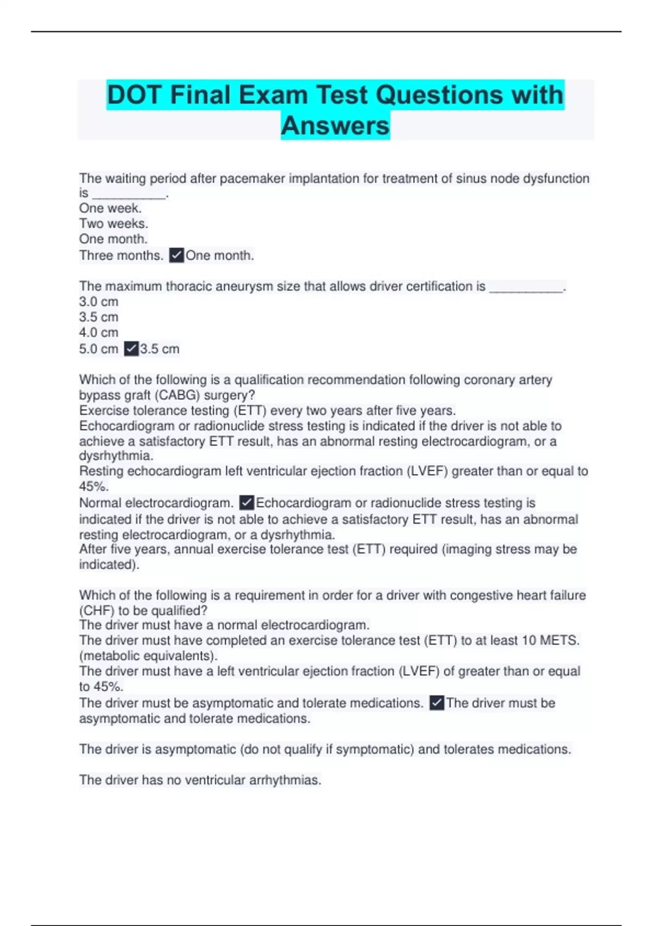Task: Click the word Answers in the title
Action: click(x=335, y=126)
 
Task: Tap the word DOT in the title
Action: click(x=134, y=95)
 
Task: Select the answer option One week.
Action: click(x=110, y=208)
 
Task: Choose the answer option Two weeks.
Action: click(x=113, y=223)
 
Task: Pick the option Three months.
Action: click(x=121, y=255)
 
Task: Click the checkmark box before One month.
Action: click(x=177, y=255)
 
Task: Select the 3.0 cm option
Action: click(x=98, y=302)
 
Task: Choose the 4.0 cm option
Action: click(x=98, y=332)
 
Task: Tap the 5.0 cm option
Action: click(x=98, y=349)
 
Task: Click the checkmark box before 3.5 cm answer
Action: click(x=131, y=349)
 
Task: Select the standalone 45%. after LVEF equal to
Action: click(x=94, y=486)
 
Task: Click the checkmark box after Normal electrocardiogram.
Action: click(x=247, y=503)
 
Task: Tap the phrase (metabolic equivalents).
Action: click(x=148, y=656)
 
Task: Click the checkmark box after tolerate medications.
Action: click(x=436, y=703)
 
